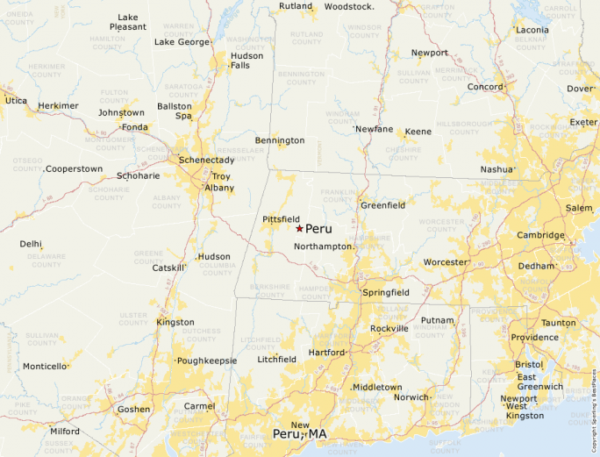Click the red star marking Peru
[x=299, y=228]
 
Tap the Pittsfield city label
[x=281, y=219]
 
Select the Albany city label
[x=219, y=188]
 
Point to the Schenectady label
[x=206, y=161]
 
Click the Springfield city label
[x=386, y=292]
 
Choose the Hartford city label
[x=326, y=353]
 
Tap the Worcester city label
[x=446, y=262]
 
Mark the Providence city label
[x=534, y=338]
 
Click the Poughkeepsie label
[x=207, y=361]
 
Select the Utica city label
[x=16, y=101]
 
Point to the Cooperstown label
[x=74, y=169]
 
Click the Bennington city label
[x=279, y=140]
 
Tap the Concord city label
[x=484, y=88]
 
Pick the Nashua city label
[x=496, y=169]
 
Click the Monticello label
[x=45, y=367]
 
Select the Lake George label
[x=182, y=42]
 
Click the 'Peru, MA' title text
[x=299, y=434]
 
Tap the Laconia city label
[x=532, y=30]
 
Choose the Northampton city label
[x=323, y=247]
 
